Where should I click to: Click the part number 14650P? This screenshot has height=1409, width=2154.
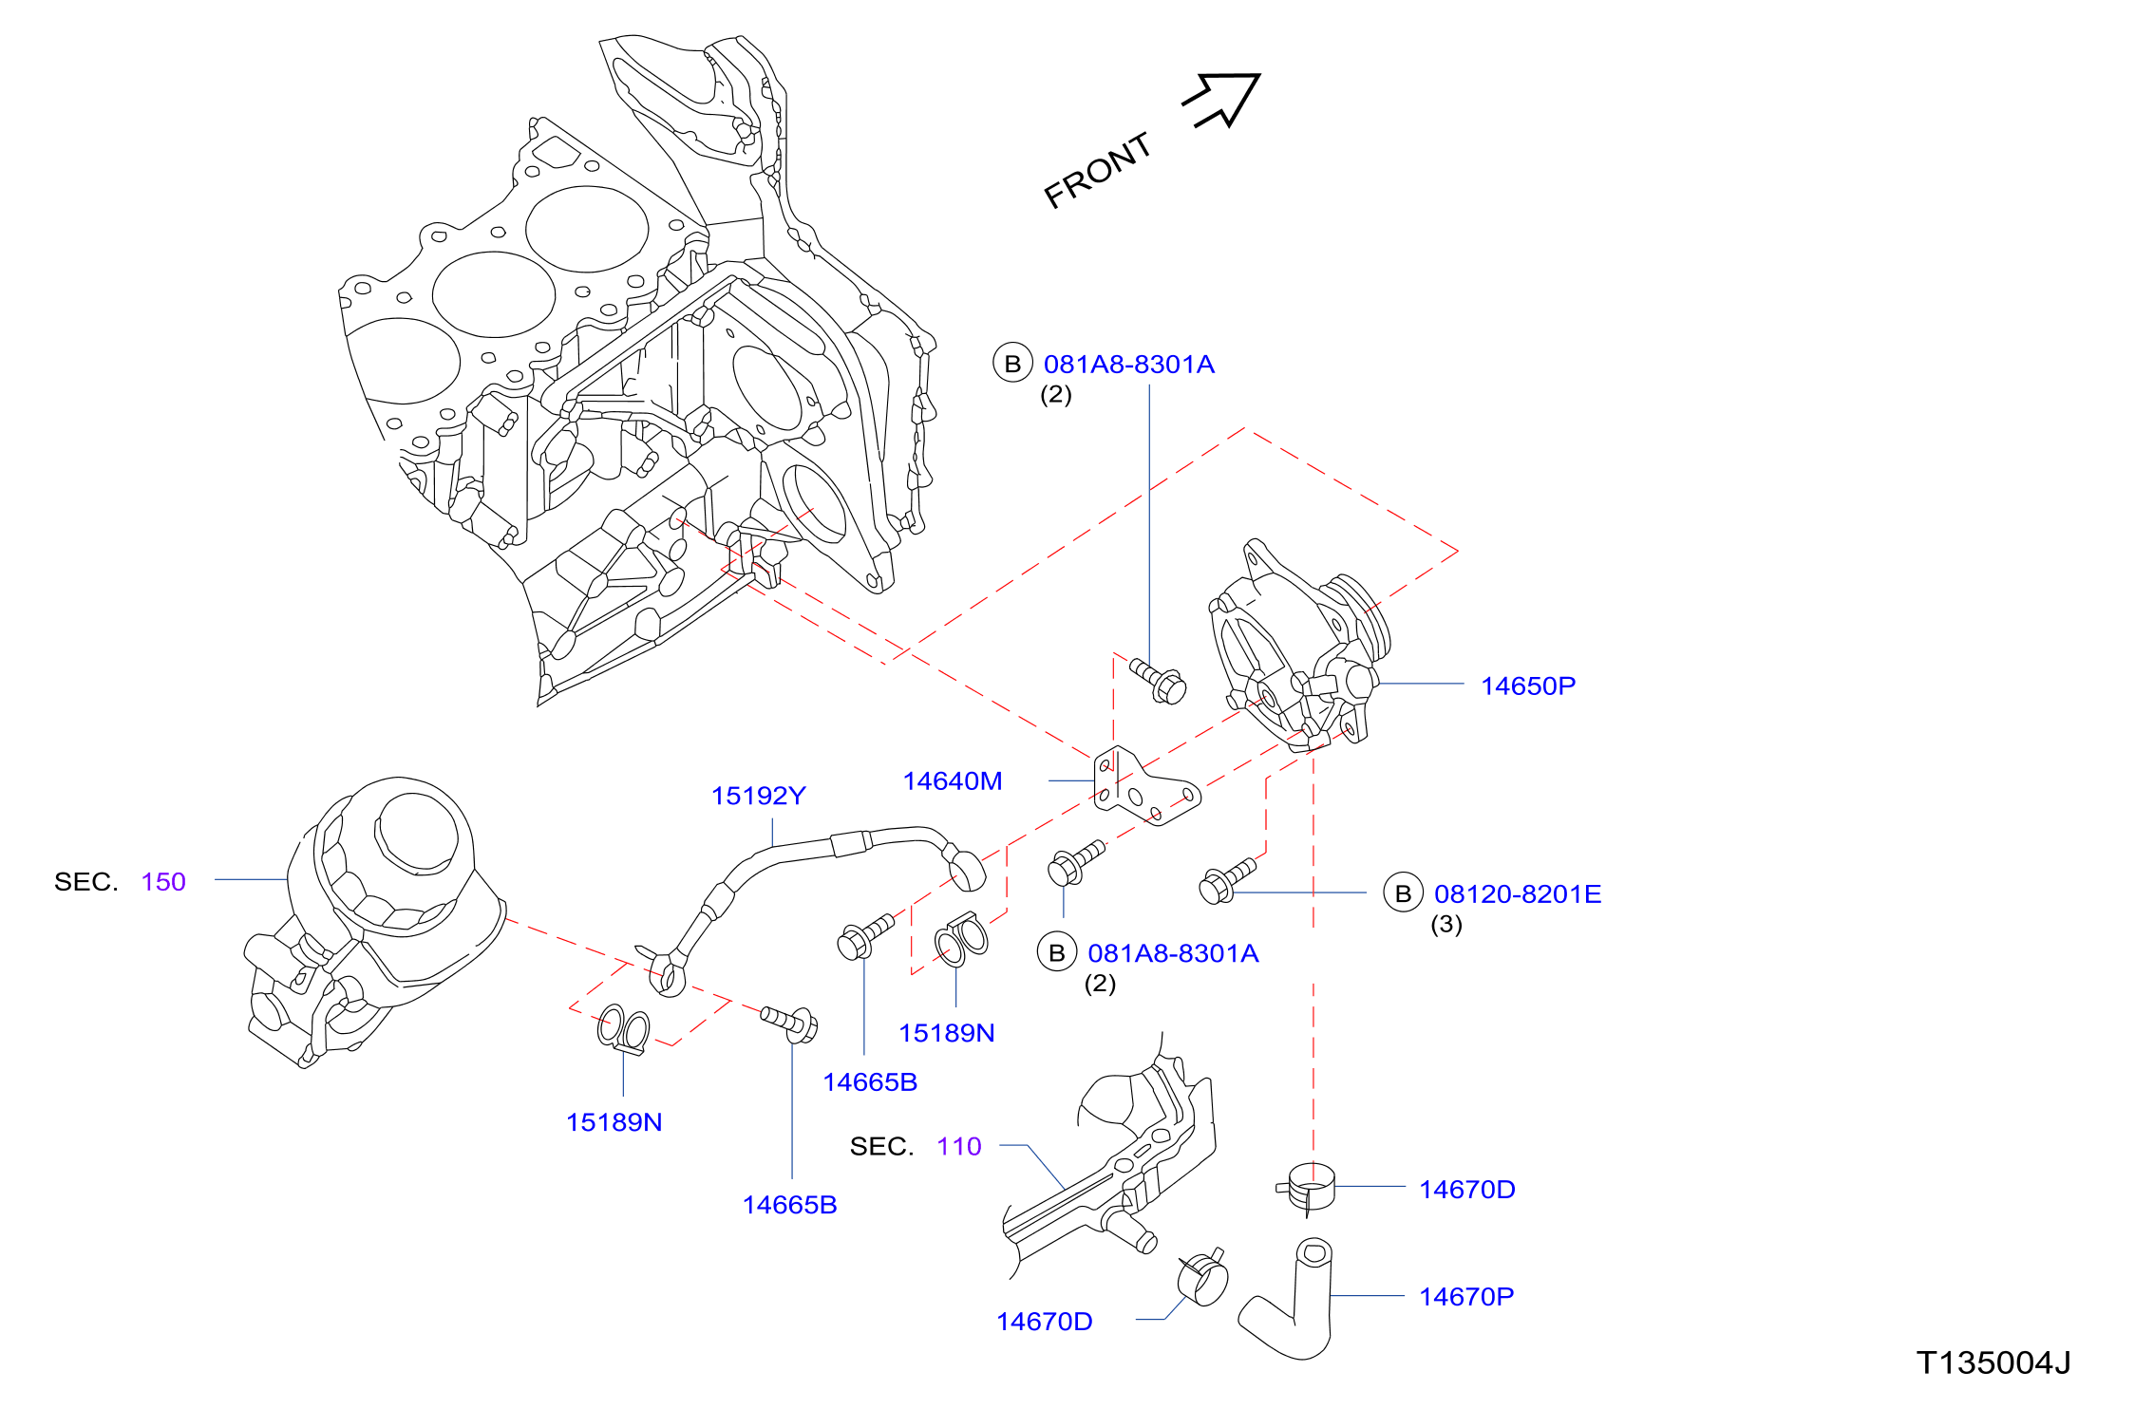coord(1527,686)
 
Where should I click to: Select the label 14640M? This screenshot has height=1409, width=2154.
coord(952,780)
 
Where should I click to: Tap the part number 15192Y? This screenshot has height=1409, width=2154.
coord(758,796)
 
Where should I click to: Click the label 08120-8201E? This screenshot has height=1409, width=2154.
coord(1517,893)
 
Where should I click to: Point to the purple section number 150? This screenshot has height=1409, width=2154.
coord(163,881)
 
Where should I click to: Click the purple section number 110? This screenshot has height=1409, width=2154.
coord(958,1146)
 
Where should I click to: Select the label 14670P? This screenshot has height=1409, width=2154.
coord(1466,1296)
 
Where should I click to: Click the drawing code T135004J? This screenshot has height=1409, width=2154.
coord(1993,1362)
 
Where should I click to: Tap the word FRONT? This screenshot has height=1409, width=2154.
coord(1098,170)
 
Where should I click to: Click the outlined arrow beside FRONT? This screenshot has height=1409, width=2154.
coord(1225,98)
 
